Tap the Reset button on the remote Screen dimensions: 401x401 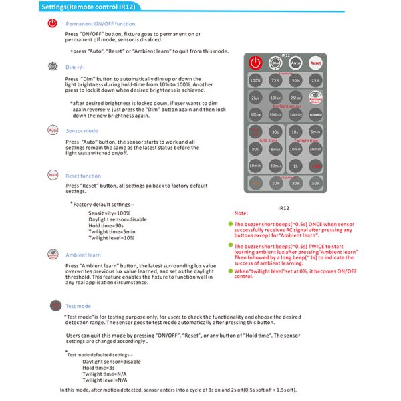coord(315,63)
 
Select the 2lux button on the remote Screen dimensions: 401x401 coord(255,98)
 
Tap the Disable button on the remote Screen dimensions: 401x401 coord(315,114)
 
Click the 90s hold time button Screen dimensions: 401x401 coord(255,148)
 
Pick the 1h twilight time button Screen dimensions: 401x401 coord(295,166)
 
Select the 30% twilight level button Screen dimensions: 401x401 coord(295,182)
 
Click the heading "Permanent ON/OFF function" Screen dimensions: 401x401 coord(100,24)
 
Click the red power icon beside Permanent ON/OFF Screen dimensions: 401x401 coord(53,24)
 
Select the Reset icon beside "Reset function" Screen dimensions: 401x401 coord(53,175)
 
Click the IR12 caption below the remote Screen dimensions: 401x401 coord(283,208)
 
